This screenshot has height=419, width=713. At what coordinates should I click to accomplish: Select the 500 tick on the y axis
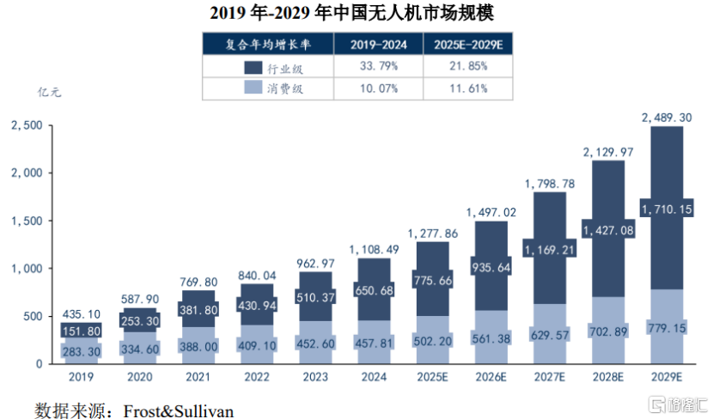click(32, 316)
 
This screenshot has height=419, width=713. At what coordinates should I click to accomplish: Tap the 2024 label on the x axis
click(374, 376)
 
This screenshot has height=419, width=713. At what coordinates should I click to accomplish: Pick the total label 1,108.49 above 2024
click(374, 249)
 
